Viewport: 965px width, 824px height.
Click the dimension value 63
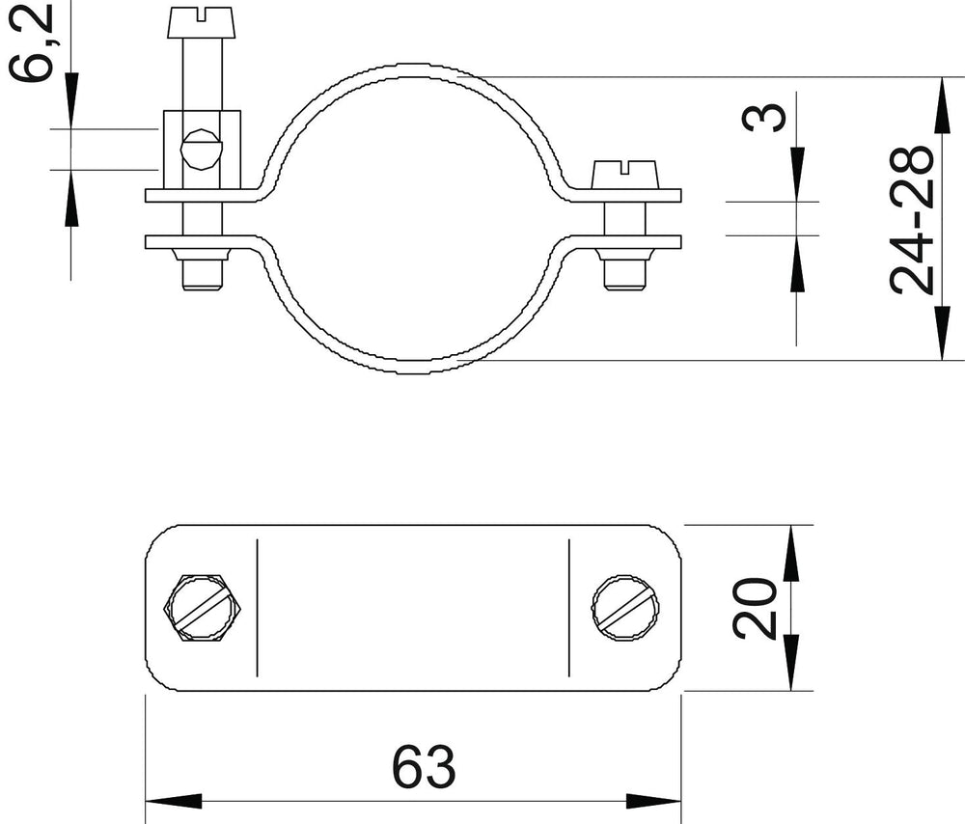pos(424,766)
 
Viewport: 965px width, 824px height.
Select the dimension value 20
pos(755,608)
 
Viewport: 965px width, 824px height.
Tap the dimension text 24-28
pos(912,219)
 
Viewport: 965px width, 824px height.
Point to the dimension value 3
pos(763,118)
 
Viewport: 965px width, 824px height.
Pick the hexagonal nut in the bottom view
pos(202,608)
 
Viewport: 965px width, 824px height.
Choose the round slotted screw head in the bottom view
pos(626,608)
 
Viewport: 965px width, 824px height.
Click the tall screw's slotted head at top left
pos(202,23)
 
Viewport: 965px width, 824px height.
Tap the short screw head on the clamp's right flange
pos(625,174)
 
